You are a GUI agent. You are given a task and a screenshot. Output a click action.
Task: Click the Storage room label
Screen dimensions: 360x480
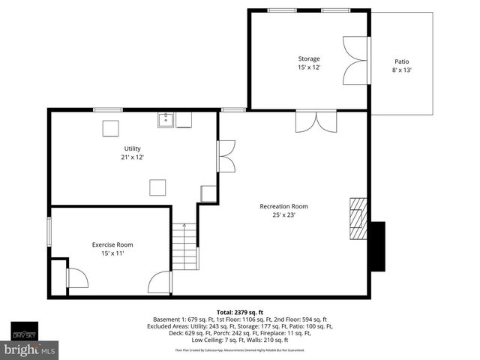[309, 58]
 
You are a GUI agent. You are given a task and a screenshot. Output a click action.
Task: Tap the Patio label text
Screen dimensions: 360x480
[402, 61]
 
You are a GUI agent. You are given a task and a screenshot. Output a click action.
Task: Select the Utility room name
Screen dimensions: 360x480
[132, 148]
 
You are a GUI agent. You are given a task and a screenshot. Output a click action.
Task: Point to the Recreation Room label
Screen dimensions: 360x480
[283, 206]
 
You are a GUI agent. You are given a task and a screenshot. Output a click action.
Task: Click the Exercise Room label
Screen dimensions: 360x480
[112, 244]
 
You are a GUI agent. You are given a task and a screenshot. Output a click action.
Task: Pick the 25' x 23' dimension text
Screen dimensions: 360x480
[283, 215]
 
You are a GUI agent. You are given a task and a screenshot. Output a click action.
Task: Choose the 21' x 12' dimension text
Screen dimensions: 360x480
[132, 157]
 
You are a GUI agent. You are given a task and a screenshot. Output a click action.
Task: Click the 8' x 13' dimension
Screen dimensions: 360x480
[402, 70]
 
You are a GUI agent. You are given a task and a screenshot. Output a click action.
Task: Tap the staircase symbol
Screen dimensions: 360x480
[184, 247]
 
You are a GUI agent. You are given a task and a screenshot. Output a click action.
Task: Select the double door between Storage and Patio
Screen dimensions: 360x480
[353, 60]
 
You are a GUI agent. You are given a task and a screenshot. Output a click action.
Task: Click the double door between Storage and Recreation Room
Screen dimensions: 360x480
[316, 120]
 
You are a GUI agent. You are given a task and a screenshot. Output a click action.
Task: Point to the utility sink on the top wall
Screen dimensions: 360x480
[166, 119]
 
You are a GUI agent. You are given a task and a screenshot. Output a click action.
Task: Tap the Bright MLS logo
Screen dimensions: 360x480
[30, 349]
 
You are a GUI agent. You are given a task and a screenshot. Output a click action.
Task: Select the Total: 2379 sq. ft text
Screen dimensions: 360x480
[240, 312]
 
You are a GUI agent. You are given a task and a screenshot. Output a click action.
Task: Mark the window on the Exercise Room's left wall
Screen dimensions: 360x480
[49, 230]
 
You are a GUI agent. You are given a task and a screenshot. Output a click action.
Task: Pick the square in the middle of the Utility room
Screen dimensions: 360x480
[157, 187]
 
